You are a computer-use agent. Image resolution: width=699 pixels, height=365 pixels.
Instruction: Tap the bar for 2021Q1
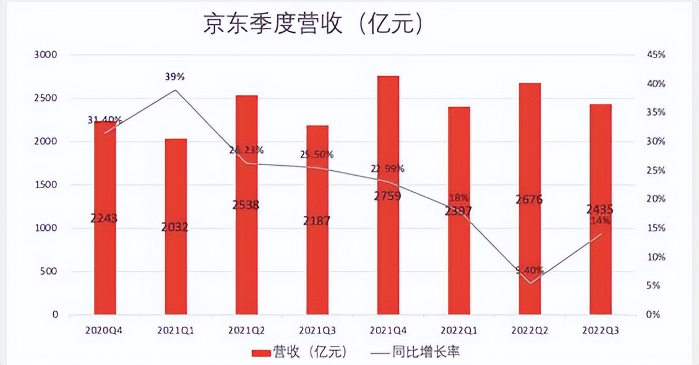tap(176, 266)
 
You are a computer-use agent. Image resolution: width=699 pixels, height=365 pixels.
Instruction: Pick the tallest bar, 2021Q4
tap(388, 247)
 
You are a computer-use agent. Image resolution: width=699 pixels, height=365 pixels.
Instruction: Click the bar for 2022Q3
tap(600, 260)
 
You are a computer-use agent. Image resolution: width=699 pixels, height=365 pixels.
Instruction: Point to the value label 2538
tap(246, 205)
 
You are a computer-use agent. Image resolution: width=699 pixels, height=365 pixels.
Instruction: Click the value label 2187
tap(317, 220)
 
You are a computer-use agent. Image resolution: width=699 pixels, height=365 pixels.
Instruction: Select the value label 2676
tap(530, 199)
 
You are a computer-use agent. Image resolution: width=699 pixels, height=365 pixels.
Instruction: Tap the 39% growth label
tap(176, 77)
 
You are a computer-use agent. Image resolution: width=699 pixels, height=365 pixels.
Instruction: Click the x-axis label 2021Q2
tap(246, 331)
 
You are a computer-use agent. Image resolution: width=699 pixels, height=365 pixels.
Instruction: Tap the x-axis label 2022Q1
tap(458, 331)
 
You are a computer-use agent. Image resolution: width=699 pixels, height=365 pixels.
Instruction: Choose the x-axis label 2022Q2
tap(530, 331)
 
